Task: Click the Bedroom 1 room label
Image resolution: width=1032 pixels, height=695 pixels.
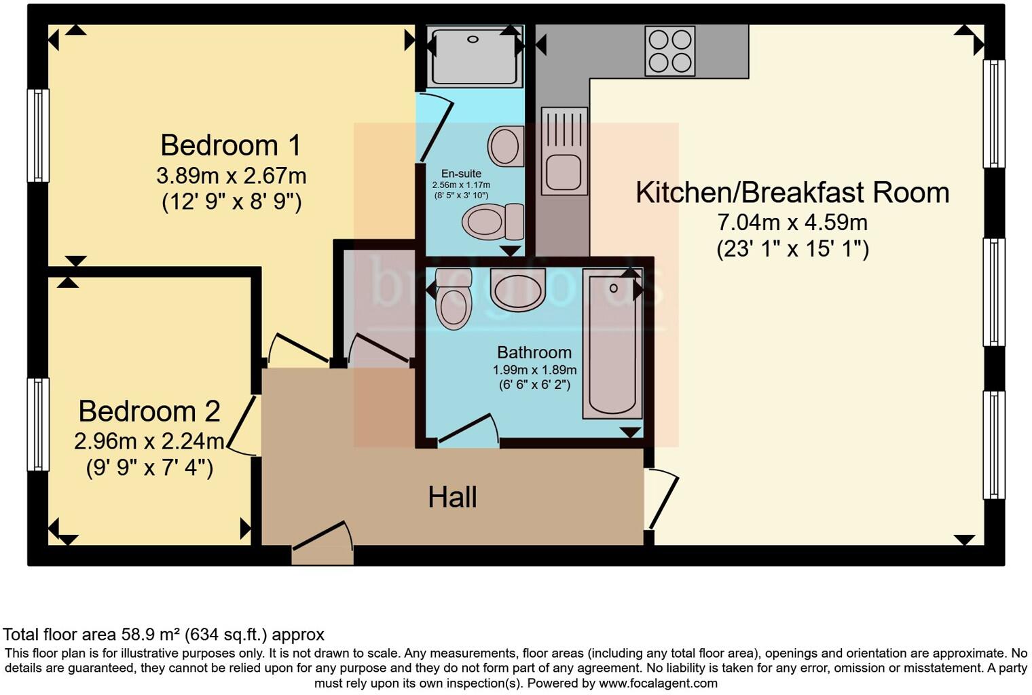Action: [231, 145]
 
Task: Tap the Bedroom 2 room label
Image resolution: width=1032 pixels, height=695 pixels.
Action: [149, 411]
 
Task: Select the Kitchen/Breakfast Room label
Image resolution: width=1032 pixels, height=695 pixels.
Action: [792, 193]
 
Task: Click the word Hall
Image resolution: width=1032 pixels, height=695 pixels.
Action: [452, 497]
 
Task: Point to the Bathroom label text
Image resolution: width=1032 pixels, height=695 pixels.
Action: [534, 352]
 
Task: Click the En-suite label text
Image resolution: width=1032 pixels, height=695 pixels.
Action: [461, 174]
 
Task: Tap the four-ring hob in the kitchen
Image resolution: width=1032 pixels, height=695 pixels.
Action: [670, 51]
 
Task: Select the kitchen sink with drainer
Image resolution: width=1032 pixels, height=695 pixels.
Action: [564, 151]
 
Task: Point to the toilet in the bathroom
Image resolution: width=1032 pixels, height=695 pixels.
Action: [454, 299]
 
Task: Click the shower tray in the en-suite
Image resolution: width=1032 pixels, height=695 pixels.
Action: [475, 56]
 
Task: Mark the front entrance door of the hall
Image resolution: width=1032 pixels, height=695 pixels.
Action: [323, 540]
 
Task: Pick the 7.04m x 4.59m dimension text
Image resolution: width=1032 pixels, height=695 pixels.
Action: [792, 222]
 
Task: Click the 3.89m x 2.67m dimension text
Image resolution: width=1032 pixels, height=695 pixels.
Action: [231, 176]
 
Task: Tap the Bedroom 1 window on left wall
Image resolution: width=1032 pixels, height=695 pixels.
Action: [38, 136]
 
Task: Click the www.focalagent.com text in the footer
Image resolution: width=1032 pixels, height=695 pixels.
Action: [658, 683]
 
